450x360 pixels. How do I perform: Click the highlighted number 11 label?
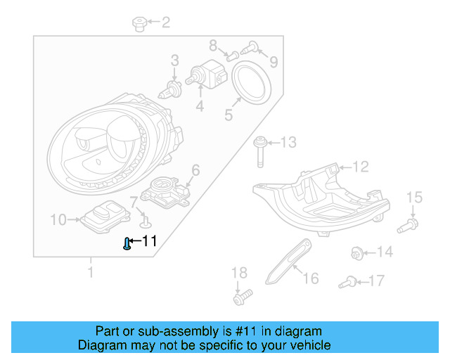pyautogui.click(x=148, y=241)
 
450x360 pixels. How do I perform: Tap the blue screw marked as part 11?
pyautogui.click(x=127, y=244)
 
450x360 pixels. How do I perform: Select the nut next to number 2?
pyautogui.click(x=139, y=25)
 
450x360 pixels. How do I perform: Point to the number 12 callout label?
pyautogui.click(x=359, y=167)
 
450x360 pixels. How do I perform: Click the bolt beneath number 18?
pyautogui.click(x=240, y=298)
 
